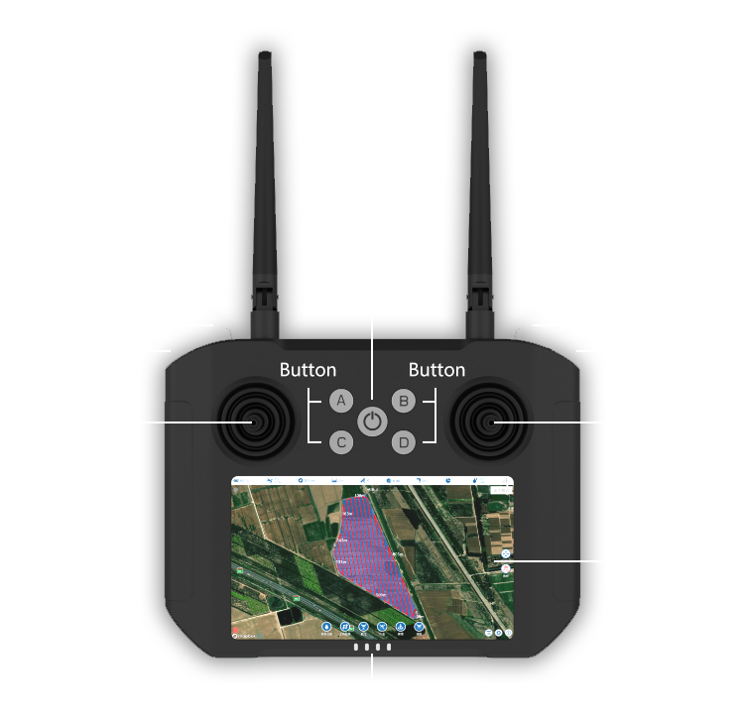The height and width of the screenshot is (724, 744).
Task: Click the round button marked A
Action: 340,401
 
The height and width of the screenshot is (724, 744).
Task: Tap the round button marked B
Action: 404,401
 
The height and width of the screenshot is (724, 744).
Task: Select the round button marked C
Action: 340,442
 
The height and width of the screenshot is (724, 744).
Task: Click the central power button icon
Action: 372,422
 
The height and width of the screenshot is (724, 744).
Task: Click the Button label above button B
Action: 436,370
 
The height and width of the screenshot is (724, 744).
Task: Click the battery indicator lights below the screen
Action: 372,648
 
